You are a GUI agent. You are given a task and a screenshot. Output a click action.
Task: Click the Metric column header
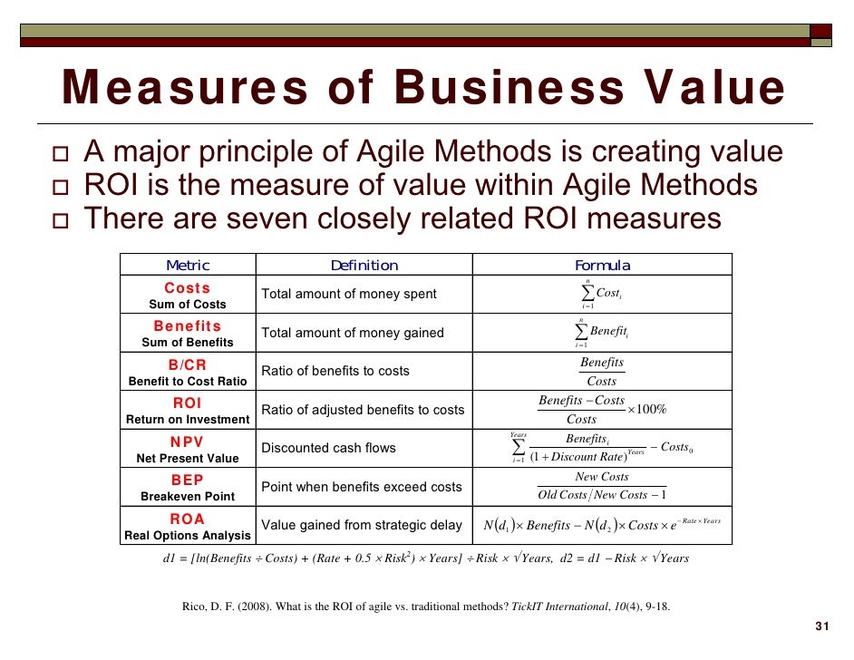pyautogui.click(x=188, y=266)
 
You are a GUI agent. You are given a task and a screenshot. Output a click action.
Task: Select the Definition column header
pyautogui.click(x=364, y=266)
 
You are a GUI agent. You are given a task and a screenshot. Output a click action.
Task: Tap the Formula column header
pyautogui.click(x=602, y=266)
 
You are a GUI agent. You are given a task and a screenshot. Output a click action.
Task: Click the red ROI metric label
pyautogui.click(x=188, y=403)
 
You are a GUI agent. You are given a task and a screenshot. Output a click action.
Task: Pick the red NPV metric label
pyautogui.click(x=188, y=442)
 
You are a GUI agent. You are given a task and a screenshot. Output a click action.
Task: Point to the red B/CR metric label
pyautogui.click(x=188, y=365)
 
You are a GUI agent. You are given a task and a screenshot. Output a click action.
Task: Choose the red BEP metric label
pyautogui.click(x=188, y=480)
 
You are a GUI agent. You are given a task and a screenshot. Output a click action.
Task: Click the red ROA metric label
pyautogui.click(x=188, y=519)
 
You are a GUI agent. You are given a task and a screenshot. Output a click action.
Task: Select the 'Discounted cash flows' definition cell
pyautogui.click(x=328, y=448)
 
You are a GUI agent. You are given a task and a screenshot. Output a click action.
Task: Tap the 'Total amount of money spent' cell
pyautogui.click(x=349, y=294)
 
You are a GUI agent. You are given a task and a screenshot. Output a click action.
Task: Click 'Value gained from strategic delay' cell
pyautogui.click(x=361, y=525)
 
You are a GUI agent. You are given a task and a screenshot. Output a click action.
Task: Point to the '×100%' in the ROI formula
pyautogui.click(x=647, y=410)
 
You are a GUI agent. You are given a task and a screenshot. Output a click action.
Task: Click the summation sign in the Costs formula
pyautogui.click(x=587, y=294)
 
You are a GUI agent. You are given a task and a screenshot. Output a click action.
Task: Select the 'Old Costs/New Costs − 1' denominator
pyautogui.click(x=602, y=495)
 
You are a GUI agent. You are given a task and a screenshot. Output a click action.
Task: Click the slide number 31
pyautogui.click(x=823, y=626)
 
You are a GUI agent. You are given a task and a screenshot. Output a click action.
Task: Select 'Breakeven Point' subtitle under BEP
pyautogui.click(x=188, y=497)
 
